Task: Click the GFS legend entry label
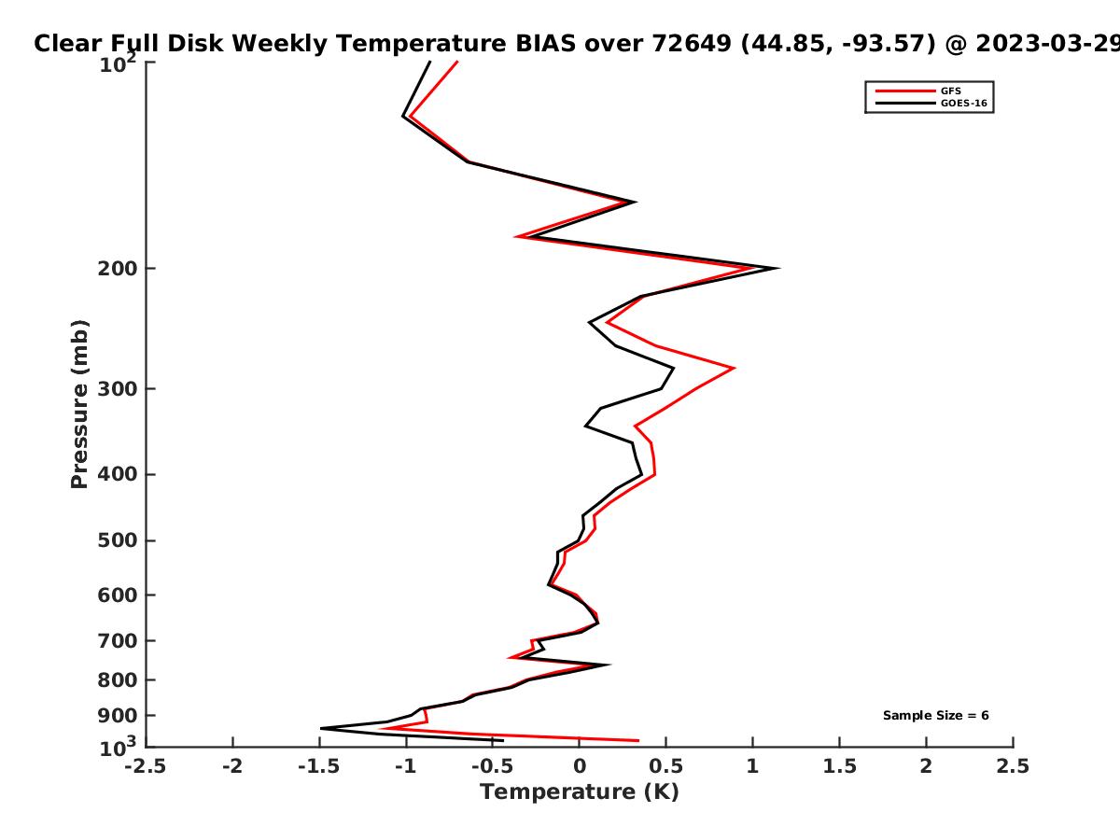(x=950, y=91)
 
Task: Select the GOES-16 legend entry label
(x=963, y=103)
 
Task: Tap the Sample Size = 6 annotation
(x=935, y=716)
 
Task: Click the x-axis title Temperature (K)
(x=580, y=792)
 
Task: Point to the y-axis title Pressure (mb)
(x=79, y=404)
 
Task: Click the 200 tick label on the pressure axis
(x=118, y=269)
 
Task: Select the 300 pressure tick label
(x=118, y=389)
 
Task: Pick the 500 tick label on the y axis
(x=118, y=540)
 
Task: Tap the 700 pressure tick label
(x=118, y=641)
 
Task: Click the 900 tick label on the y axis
(x=118, y=716)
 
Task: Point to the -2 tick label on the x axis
(x=232, y=766)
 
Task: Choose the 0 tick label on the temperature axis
(x=580, y=766)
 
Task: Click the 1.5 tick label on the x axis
(x=839, y=766)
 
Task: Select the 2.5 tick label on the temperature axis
(x=1013, y=766)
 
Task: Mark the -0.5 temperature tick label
(x=493, y=766)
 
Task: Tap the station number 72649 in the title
(x=692, y=44)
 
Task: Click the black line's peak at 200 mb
(x=778, y=268)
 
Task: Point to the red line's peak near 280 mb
(x=735, y=368)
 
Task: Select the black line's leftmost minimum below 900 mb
(x=321, y=728)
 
